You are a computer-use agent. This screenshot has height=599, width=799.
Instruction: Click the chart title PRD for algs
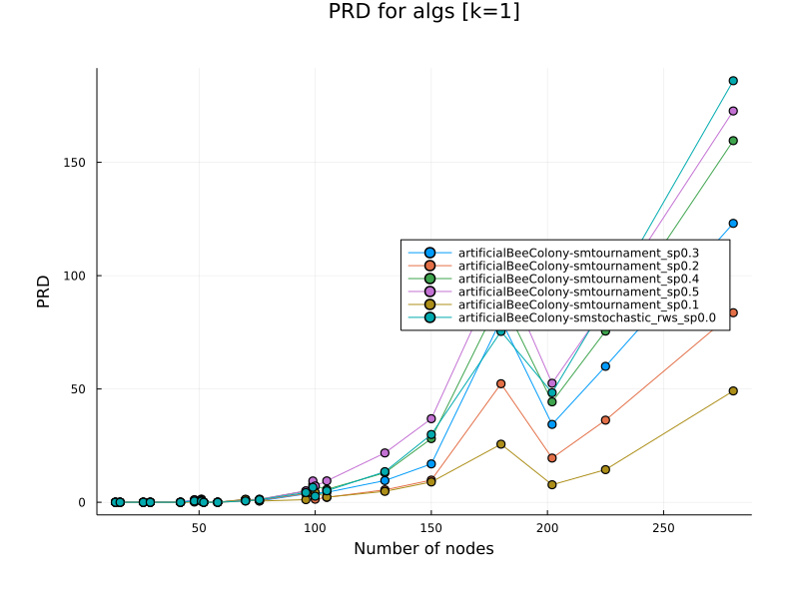[423, 12]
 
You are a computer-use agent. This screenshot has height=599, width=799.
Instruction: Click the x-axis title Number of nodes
[423, 548]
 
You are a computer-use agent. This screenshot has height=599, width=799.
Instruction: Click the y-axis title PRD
[44, 290]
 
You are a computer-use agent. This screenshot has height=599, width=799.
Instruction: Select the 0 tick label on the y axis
[84, 502]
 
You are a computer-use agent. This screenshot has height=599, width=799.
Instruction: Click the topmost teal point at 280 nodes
[732, 81]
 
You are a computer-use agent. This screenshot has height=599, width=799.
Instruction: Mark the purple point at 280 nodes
[732, 111]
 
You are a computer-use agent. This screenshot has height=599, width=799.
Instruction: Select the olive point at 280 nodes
[732, 391]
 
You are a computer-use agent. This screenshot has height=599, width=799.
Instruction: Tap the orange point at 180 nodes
[500, 383]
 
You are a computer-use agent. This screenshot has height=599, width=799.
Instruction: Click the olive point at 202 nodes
[551, 484]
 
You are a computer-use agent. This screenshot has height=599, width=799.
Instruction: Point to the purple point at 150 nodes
[431, 418]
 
